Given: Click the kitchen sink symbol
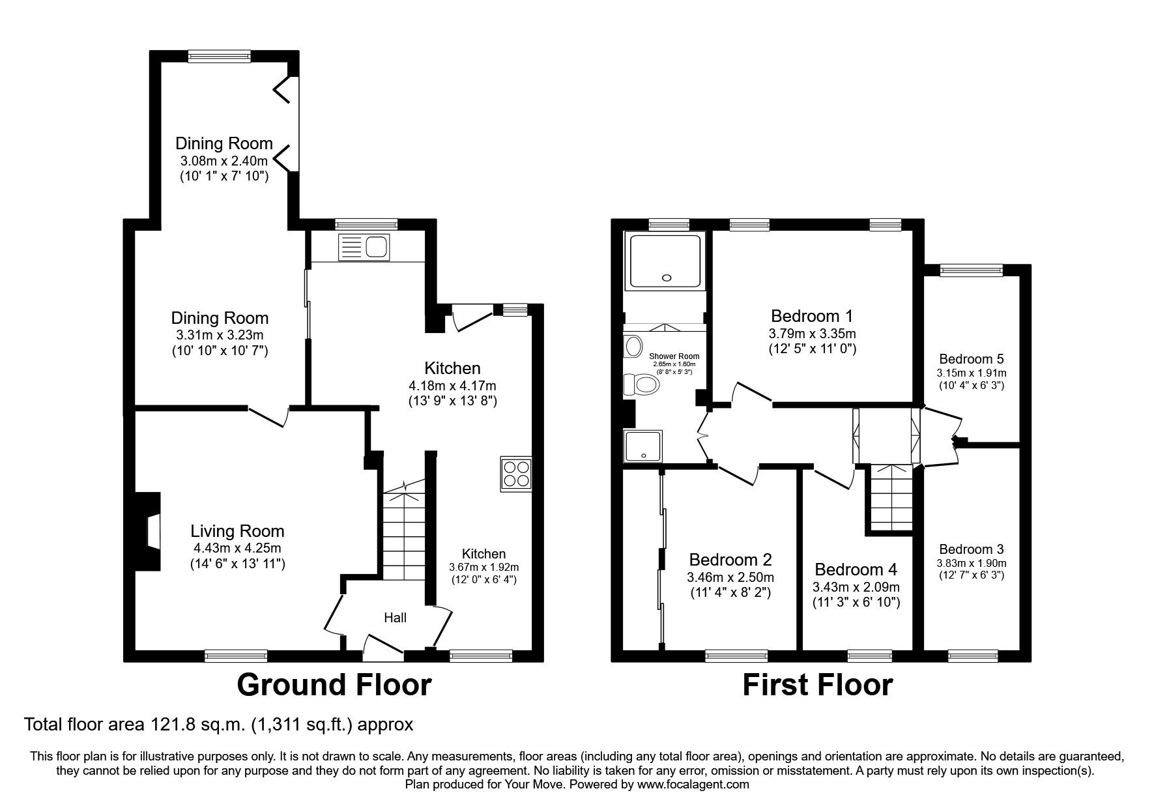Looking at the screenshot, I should [x=364, y=248].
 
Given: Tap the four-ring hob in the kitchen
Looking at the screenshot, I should [x=517, y=474].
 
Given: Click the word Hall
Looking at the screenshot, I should [x=395, y=618].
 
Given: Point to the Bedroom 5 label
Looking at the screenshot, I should [x=971, y=359].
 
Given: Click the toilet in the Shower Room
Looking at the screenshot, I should [x=642, y=384].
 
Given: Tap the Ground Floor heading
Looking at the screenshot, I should [x=334, y=685].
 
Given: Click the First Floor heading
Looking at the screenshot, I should [x=817, y=685].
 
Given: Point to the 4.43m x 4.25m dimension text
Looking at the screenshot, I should [x=237, y=548].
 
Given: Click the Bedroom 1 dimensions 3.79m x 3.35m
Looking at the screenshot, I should [x=811, y=334].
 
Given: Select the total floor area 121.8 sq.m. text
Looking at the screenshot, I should [x=218, y=724].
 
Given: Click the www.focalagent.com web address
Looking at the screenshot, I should [x=693, y=785].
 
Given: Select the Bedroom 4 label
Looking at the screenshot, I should [x=856, y=570].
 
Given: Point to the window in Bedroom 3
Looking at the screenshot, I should [x=973, y=655].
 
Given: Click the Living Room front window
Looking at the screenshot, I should [x=236, y=655].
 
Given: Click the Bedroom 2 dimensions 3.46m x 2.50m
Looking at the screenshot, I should [x=730, y=577].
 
